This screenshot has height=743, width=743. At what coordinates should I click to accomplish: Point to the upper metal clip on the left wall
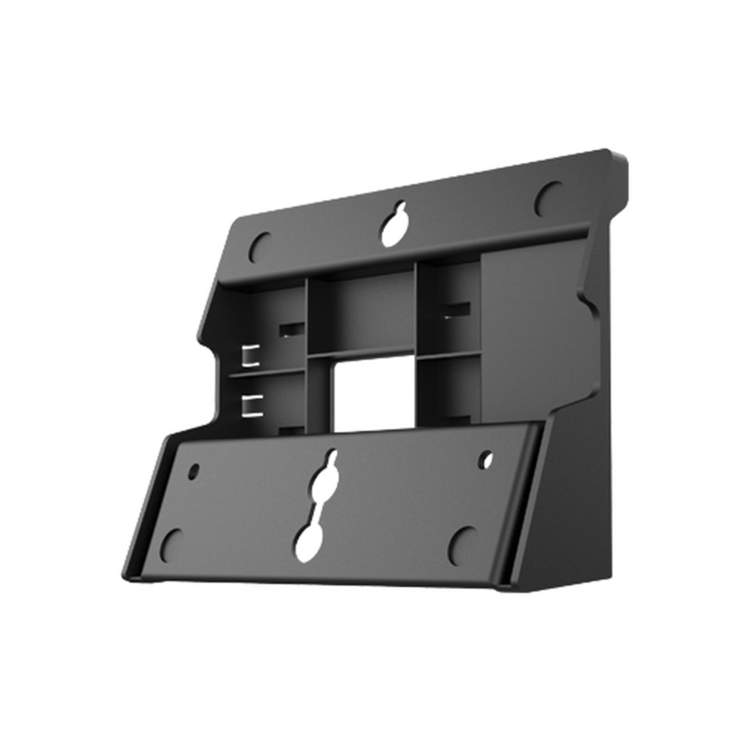[248, 356]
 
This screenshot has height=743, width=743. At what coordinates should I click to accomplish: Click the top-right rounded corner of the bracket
[619, 153]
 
